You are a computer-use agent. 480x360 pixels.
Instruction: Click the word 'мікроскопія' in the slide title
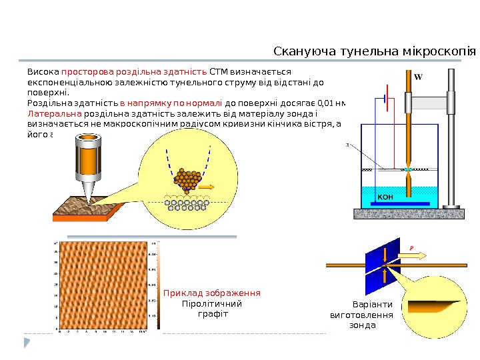point(436,51)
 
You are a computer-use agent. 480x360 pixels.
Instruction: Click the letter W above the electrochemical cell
point(418,77)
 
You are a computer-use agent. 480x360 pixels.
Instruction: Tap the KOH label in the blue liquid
point(386,197)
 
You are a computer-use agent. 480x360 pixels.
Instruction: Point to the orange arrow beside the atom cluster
point(206,187)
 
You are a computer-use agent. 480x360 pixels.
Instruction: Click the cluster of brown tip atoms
point(187,178)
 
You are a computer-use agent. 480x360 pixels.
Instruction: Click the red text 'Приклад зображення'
point(211,293)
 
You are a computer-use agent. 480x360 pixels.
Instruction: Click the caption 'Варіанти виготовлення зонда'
point(362,315)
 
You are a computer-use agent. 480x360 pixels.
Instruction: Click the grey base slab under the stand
point(408,213)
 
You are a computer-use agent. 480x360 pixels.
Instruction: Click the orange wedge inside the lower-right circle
point(434,306)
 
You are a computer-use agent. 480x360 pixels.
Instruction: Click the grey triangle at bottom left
point(27,343)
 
